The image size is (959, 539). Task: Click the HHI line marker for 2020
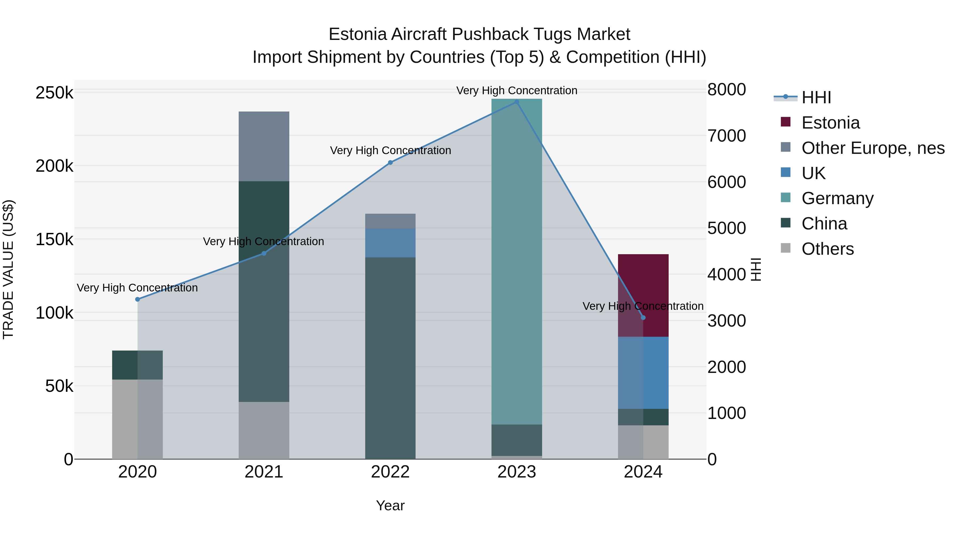point(137,299)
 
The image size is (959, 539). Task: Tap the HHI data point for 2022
point(390,163)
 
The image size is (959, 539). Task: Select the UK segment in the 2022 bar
point(390,243)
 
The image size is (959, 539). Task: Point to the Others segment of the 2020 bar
point(137,419)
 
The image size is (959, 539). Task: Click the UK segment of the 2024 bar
point(643,373)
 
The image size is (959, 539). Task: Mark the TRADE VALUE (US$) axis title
point(8,269)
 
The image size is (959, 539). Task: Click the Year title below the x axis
point(390,505)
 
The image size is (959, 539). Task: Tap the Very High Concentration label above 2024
point(643,306)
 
